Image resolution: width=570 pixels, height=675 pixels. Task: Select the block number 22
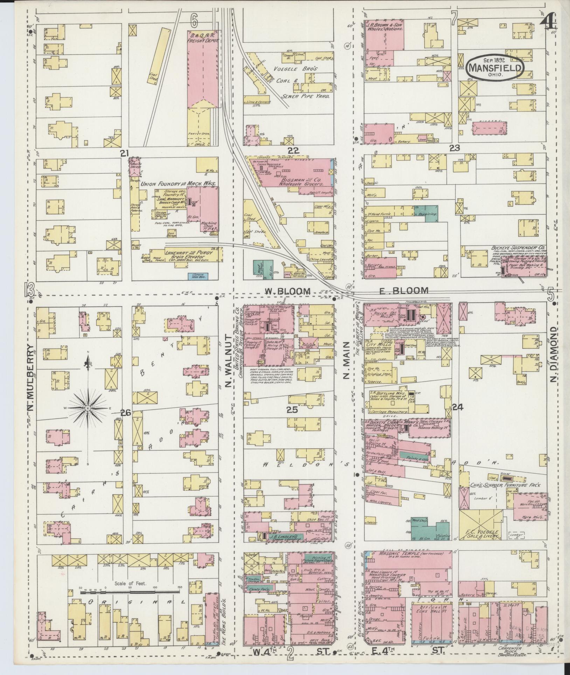[293, 150]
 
